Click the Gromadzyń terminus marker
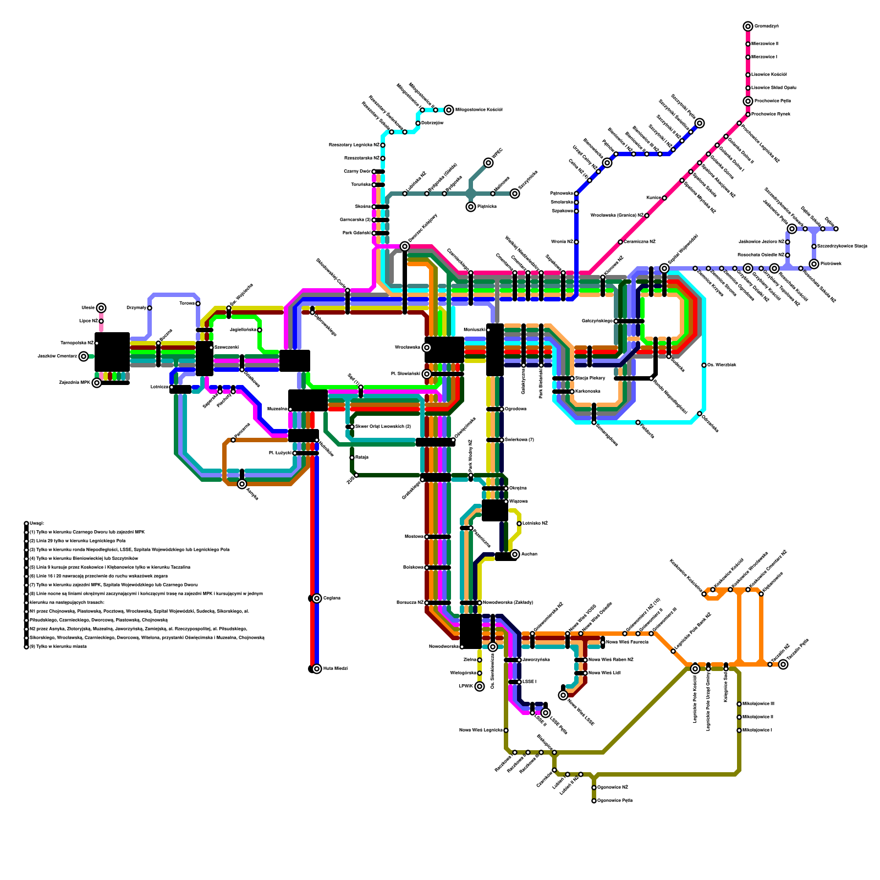pyautogui.click(x=748, y=26)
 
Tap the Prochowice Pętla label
pyautogui.click(x=772, y=101)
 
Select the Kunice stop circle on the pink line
pyautogui.click(x=664, y=198)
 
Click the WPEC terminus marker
pyautogui.click(x=488, y=163)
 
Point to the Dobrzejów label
pyautogui.click(x=432, y=123)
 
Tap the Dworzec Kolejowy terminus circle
pyautogui.click(x=405, y=246)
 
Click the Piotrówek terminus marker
pyautogui.click(x=814, y=264)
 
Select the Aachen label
pyautogui.click(x=529, y=554)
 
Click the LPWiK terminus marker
pyautogui.click(x=480, y=686)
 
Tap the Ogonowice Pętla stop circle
pyautogui.click(x=594, y=801)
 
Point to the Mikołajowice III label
pyautogui.click(x=758, y=704)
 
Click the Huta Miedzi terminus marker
pyautogui.click(x=317, y=669)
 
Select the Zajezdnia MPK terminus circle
pyautogui.click(x=97, y=383)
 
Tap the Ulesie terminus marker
pyautogui.click(x=101, y=308)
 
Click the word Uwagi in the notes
pyautogui.click(x=36, y=524)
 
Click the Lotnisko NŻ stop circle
pyautogui.click(x=519, y=524)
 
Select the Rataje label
pyautogui.click(x=362, y=458)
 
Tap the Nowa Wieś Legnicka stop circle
pyautogui.click(x=506, y=730)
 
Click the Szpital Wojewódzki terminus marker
pyautogui.click(x=664, y=268)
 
